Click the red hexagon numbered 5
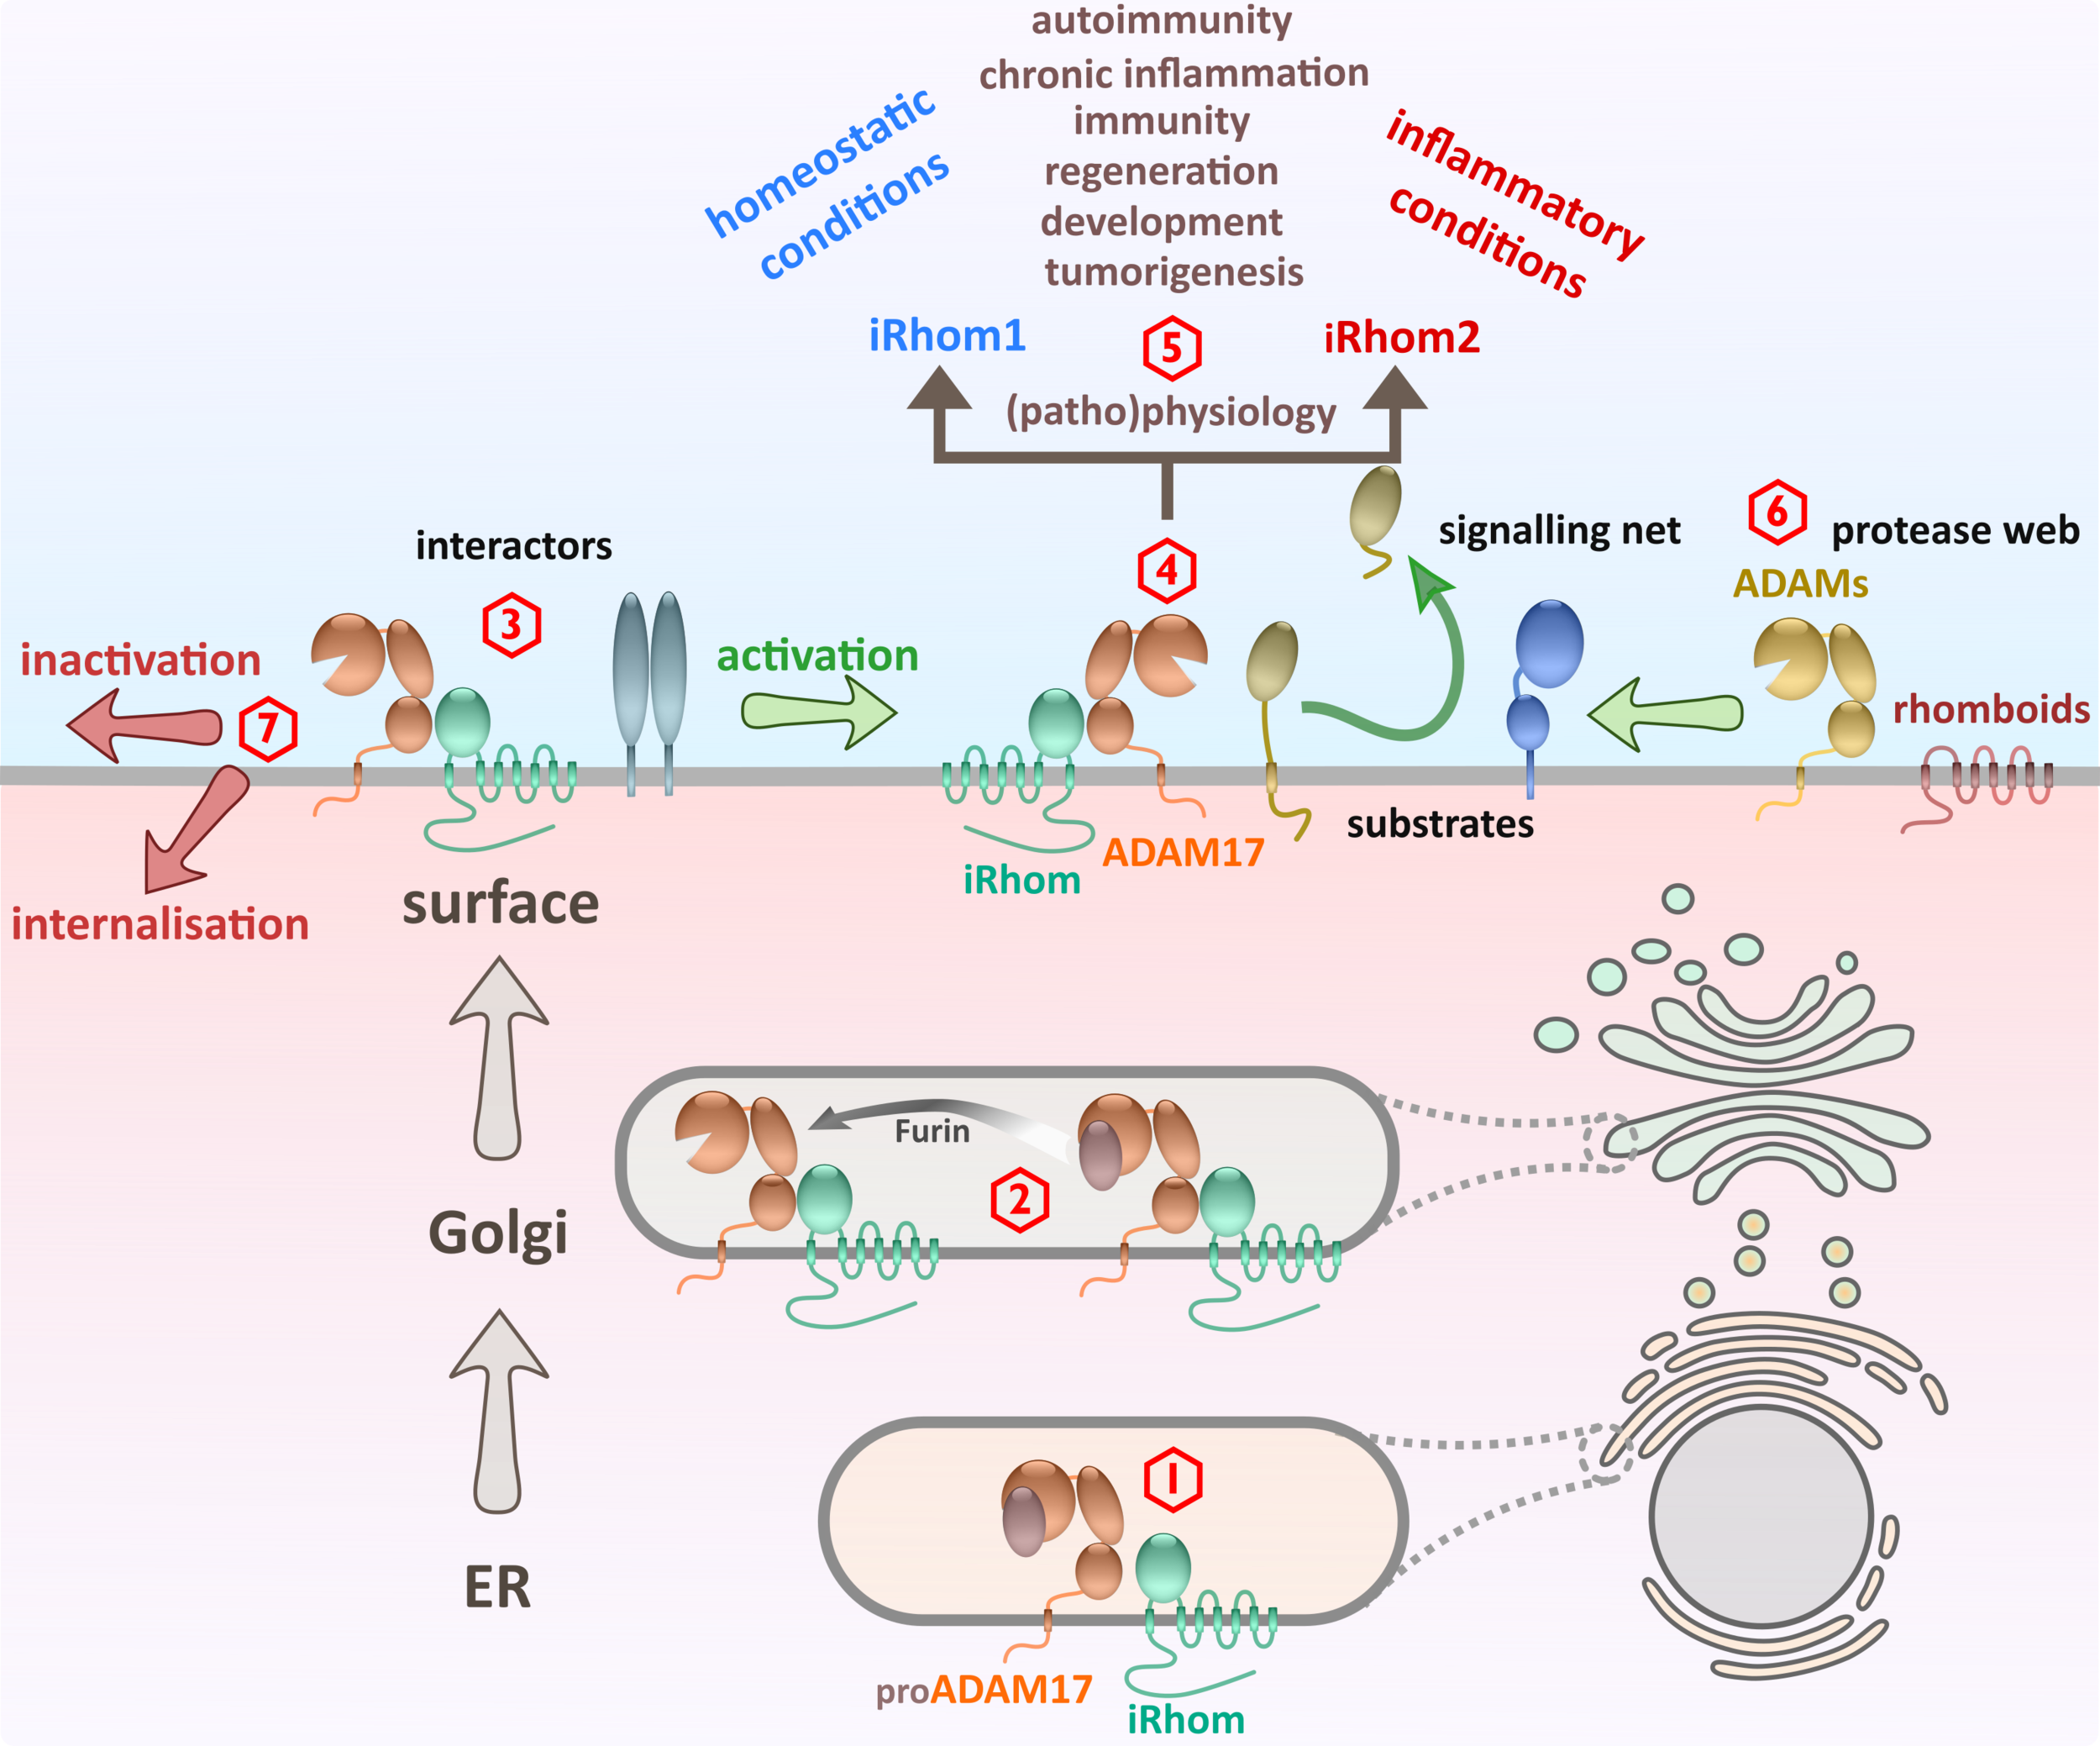[1171, 348]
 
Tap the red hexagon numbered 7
[268, 729]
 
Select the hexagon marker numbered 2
[1019, 1199]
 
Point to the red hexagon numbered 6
[1777, 513]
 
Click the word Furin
[932, 1131]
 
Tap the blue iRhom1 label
[947, 336]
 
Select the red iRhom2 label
[1401, 338]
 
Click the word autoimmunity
[1161, 20]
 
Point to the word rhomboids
[1990, 709]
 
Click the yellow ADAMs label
[1800, 583]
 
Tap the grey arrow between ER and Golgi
[498, 1410]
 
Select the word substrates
[1439, 824]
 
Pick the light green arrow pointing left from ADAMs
[1664, 713]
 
